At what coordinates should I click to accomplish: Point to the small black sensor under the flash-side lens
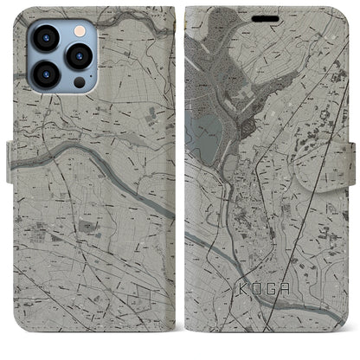tap(79, 84)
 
